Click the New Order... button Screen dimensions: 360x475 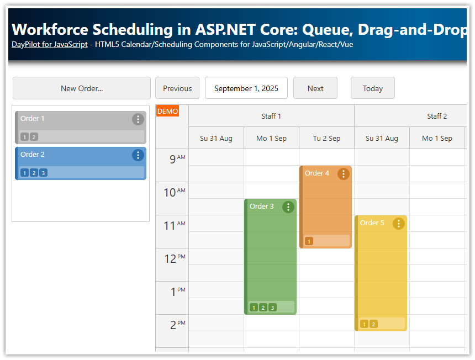pyautogui.click(x=82, y=88)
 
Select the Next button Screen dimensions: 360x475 pyautogui.click(x=315, y=88)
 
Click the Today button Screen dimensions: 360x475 pyautogui.click(x=373, y=88)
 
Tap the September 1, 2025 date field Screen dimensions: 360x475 pyautogui.click(x=246, y=88)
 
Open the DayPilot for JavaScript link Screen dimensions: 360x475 pyautogui.click(x=49, y=44)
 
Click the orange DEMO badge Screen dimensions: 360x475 pyautogui.click(x=167, y=111)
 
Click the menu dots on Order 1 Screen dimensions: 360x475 pyautogui.click(x=138, y=119)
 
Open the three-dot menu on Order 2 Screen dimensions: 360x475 pyautogui.click(x=138, y=155)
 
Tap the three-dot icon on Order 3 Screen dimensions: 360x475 pyautogui.click(x=288, y=207)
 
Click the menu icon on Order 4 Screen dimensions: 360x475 pyautogui.click(x=343, y=174)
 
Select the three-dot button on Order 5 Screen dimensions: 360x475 pyautogui.click(x=398, y=224)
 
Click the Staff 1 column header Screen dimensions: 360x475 pyautogui.click(x=271, y=116)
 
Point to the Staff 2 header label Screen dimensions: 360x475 pyautogui.click(x=437, y=116)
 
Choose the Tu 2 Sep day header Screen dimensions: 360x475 pyautogui.click(x=326, y=138)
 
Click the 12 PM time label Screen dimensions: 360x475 pyautogui.click(x=175, y=258)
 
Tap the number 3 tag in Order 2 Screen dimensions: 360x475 pyautogui.click(x=43, y=173)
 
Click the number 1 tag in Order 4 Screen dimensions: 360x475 pyautogui.click(x=309, y=241)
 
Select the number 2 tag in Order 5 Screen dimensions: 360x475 pyautogui.click(x=373, y=324)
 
